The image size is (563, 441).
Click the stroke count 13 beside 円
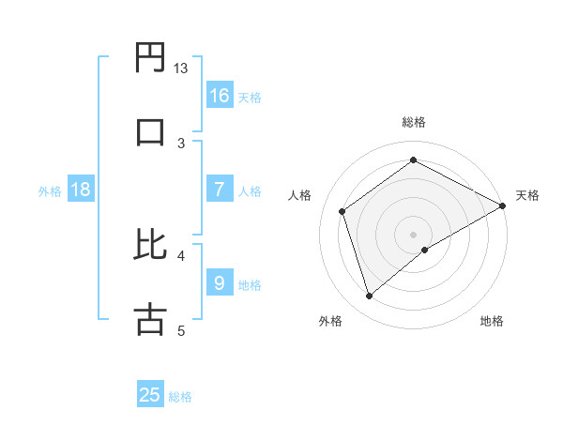point(181,68)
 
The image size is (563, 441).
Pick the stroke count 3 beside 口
point(181,143)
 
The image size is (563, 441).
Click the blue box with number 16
point(220,96)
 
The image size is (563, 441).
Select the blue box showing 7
point(220,190)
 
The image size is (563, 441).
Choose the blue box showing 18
point(82,190)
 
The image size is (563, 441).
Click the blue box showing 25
point(150,395)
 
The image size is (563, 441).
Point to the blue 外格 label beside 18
point(50,191)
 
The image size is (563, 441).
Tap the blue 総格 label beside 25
point(180,397)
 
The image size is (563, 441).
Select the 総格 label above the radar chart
point(414,122)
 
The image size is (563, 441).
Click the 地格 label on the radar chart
point(492,321)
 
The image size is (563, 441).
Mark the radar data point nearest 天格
point(503,205)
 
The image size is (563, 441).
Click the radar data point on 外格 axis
point(369,297)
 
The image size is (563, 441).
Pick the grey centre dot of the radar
point(413,234)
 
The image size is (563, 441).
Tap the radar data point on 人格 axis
point(342,211)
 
